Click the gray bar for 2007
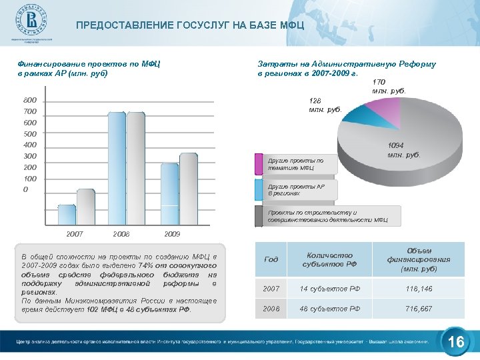tap(85, 207)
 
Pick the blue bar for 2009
tap(170, 194)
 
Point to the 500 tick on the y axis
tap(30, 134)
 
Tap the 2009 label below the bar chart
tap(172, 235)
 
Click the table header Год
tap(271, 259)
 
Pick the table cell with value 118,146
tap(418, 288)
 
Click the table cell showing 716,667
tap(418, 309)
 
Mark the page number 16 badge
tap(456, 341)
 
